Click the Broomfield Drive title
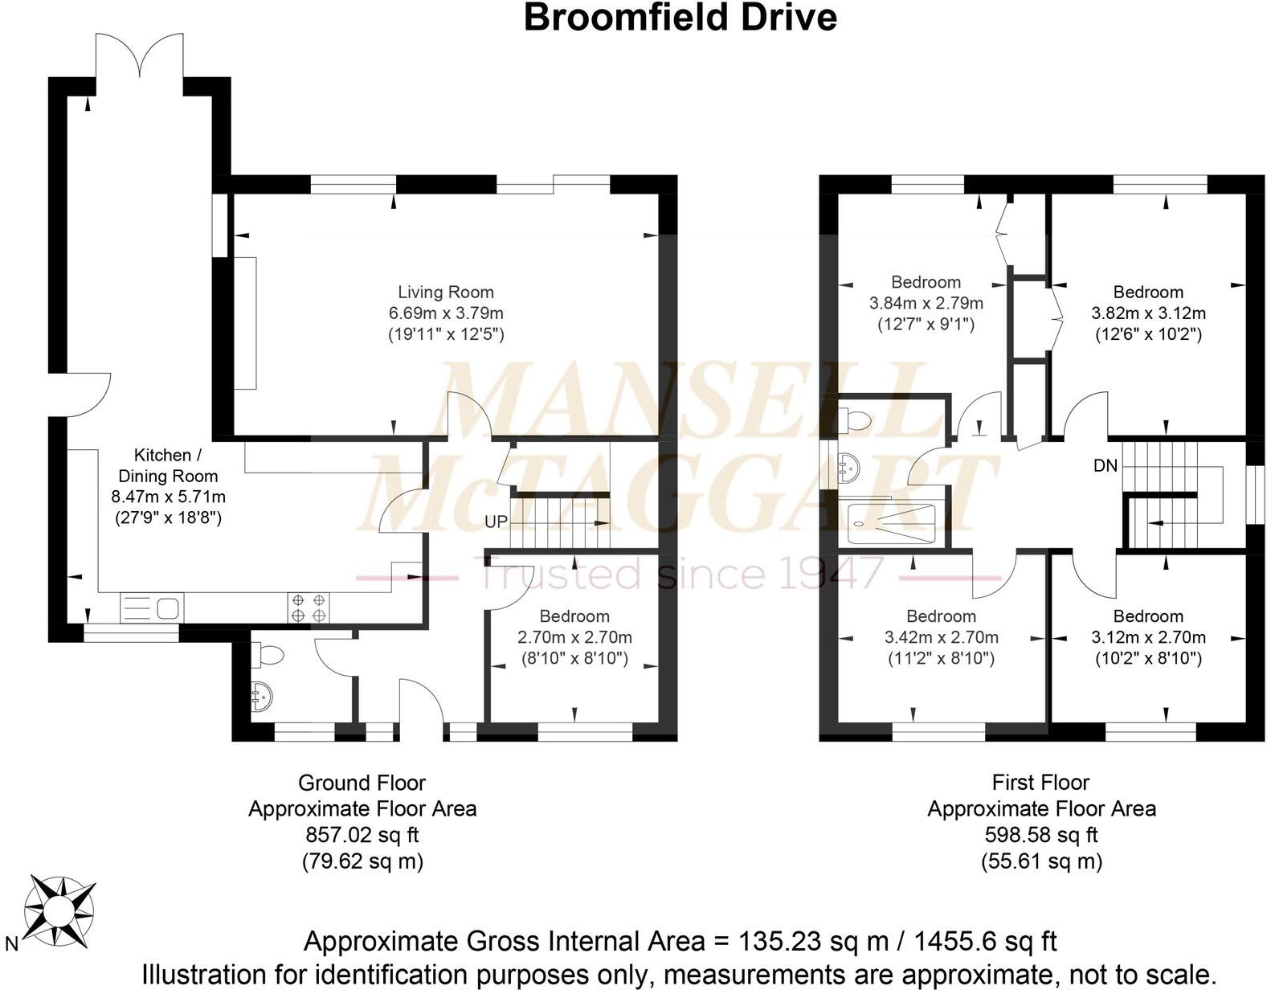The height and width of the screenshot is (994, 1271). pos(680,18)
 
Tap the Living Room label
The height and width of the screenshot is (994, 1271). pos(446,292)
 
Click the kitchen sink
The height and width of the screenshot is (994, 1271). pos(152,607)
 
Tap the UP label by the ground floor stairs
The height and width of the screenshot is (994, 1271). pos(496,522)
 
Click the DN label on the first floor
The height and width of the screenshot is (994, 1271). pos(1105,465)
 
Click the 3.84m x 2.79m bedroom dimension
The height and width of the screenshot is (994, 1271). pos(926,304)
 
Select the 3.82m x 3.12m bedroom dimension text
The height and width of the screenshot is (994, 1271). pos(1148,313)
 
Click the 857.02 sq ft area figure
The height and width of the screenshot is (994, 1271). pos(362,835)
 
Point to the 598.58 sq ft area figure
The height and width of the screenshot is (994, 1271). pos(1041,835)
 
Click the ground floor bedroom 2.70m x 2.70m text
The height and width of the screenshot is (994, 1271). pos(574,638)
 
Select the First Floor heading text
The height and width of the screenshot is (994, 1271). pos(1041,782)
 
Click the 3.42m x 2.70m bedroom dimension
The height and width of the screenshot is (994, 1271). pos(941,638)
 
